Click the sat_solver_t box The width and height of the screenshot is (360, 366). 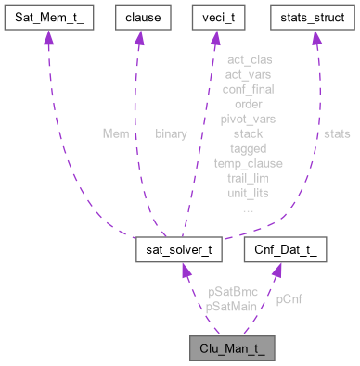[182, 250]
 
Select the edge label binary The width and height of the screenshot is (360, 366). [170, 133]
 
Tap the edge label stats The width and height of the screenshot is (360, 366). [336, 133]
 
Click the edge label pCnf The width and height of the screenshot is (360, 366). [289, 299]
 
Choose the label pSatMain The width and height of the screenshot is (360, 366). [230, 306]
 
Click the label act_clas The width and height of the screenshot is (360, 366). [248, 60]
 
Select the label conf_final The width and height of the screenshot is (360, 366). [248, 89]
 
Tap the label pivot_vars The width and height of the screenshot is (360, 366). [248, 119]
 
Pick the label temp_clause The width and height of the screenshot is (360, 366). [248, 163]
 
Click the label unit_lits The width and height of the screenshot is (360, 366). [248, 193]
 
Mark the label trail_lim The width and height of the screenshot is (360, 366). [248, 178]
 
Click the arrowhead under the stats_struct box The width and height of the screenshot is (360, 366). [315, 40]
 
